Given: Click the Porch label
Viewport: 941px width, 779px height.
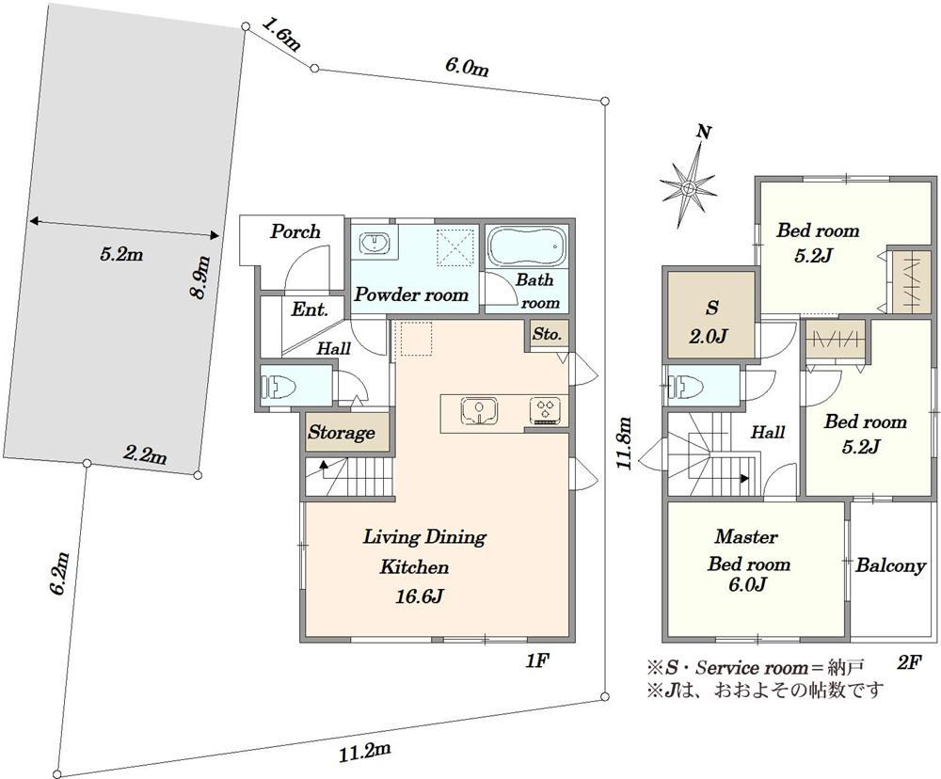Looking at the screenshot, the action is pos(295,231).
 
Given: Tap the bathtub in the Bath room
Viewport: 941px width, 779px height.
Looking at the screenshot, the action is pos(526,246).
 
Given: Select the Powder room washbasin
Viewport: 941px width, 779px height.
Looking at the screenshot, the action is pos(375,244).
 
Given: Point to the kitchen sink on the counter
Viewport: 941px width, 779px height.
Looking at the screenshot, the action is pos(478,411).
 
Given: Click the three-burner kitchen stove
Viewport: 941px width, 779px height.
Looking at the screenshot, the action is pos(546,411).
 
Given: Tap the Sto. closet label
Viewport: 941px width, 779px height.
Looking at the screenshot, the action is pos(547,334).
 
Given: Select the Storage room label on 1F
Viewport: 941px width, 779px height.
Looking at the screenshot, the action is pos(342,432).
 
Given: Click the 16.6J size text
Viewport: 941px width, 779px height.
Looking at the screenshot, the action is pos(419,596).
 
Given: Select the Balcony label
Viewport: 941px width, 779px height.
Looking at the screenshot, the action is pos(890,565).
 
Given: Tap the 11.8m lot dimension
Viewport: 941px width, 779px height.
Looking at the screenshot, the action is pos(626,442).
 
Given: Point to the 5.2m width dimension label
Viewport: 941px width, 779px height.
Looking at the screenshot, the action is pos(121,254).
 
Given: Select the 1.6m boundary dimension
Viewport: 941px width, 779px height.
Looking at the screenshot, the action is pos(281,34).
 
